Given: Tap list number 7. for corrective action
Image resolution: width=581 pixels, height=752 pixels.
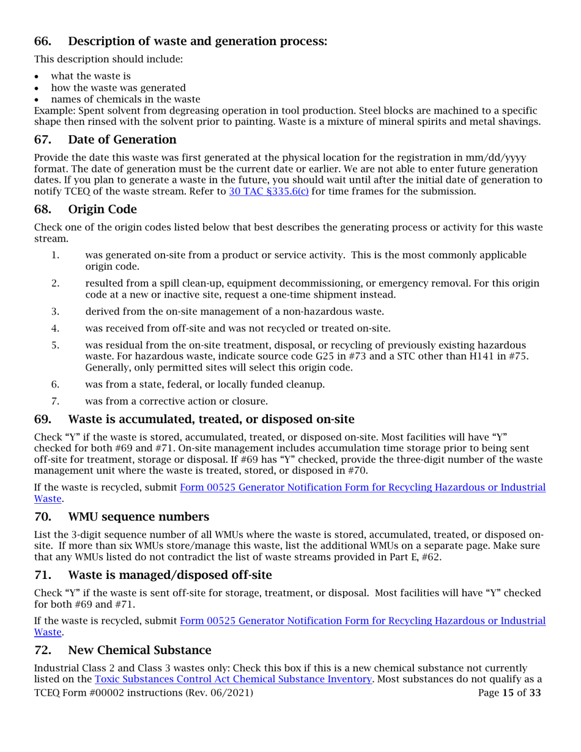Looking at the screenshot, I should (x=55, y=401).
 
